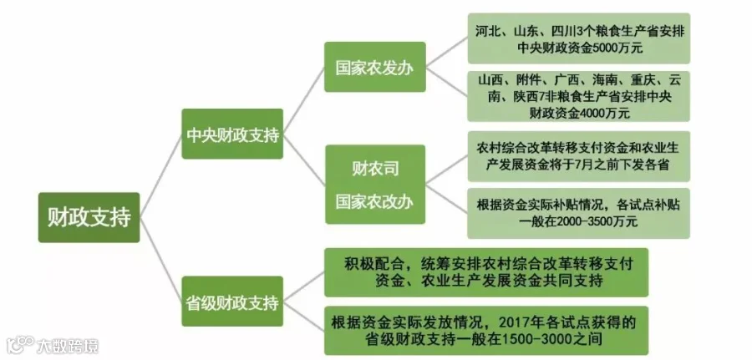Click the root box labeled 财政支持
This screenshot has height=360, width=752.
[89, 217]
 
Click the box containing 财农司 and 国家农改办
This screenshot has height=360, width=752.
[375, 185]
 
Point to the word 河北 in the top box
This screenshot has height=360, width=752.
[486, 31]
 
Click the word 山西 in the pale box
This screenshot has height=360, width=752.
[492, 80]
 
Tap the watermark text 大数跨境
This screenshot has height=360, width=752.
[68, 345]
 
